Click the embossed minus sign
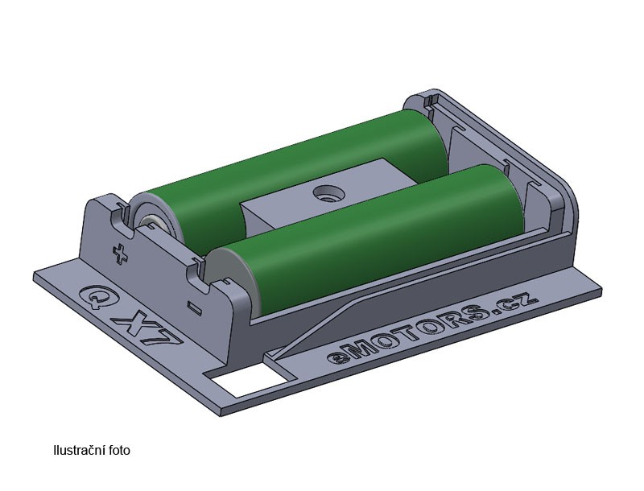194,308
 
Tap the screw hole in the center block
328,192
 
